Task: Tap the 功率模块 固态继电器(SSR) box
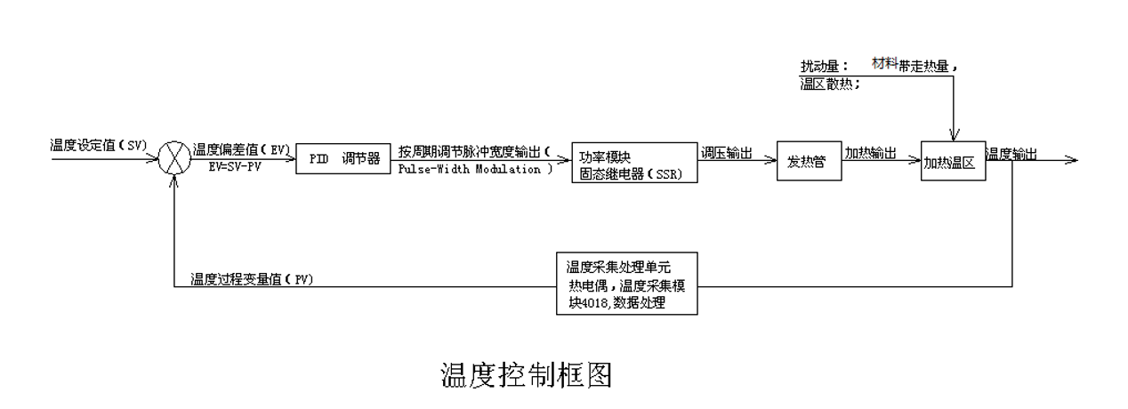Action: pos(632,162)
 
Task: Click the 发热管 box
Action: pos(808,162)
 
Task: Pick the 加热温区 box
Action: pos(954,162)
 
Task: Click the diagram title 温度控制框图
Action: pos(527,373)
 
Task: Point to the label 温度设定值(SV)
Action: pos(99,145)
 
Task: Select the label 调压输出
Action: pos(727,153)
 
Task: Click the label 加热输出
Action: pos(870,153)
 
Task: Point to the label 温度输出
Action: pos(1011,154)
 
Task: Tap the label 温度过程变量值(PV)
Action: pos(252,279)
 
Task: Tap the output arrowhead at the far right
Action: pos(1072,161)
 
